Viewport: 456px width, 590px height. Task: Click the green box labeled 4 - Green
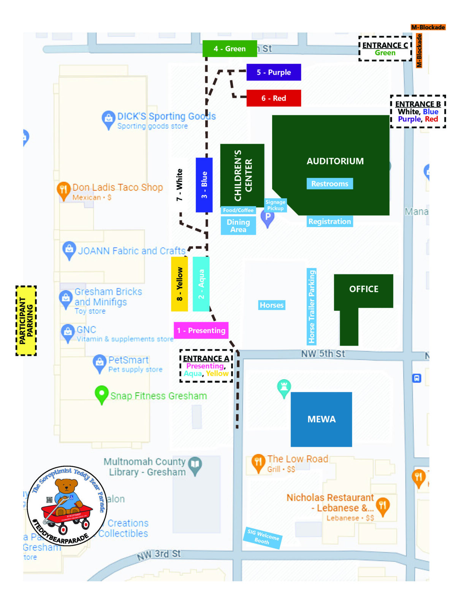point(230,49)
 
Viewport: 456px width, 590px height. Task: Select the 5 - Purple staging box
point(274,72)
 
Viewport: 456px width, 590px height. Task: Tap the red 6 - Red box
point(274,98)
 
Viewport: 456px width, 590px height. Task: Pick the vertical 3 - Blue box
point(204,185)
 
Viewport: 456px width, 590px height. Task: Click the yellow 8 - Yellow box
point(179,284)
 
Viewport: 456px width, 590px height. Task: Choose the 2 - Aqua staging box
point(201,284)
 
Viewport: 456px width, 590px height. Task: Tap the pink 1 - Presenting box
point(201,330)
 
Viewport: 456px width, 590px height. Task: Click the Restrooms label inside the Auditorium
point(329,183)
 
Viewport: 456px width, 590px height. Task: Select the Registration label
point(329,221)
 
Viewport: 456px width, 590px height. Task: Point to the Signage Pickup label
point(275,205)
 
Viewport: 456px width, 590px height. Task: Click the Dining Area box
point(238,226)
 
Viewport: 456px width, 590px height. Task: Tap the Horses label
point(271,305)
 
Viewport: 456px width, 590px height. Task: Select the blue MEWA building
point(321,419)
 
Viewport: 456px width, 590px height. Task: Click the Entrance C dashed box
point(385,49)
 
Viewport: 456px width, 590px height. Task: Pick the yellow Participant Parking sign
point(26,321)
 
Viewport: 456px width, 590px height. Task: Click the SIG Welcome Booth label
point(263,537)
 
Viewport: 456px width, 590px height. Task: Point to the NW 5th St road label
point(323,354)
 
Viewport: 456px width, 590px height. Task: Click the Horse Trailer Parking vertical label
point(312,306)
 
